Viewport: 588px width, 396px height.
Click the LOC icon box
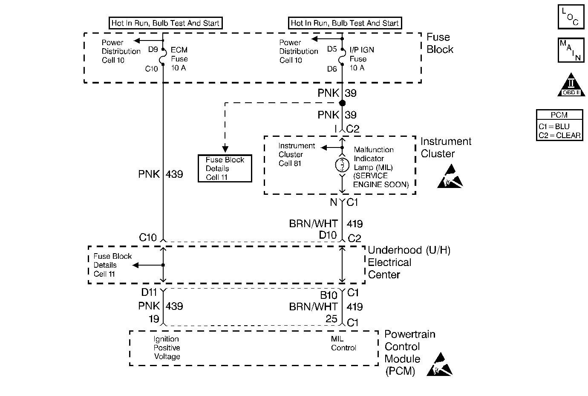coord(571,17)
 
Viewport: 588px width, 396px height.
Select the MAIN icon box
coord(571,50)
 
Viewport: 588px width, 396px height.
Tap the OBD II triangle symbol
coord(571,85)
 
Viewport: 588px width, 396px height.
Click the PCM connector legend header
coord(559,115)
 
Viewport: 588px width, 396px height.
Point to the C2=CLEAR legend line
coord(559,135)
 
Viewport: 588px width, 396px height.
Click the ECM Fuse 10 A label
coord(179,59)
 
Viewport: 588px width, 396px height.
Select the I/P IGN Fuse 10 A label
coord(361,59)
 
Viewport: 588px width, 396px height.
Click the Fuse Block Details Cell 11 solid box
coord(225,168)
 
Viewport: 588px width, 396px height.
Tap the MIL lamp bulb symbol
coord(342,165)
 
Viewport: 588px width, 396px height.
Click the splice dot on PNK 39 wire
coord(342,103)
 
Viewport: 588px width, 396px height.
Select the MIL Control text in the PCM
coord(343,344)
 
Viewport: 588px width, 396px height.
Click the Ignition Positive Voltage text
coord(167,348)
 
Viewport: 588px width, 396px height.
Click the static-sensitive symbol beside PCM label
coord(439,365)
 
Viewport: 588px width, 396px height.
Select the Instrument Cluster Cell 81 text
coord(297,154)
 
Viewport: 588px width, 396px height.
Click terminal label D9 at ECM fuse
coord(153,49)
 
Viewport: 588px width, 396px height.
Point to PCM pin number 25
coord(331,319)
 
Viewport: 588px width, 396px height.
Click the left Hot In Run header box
coord(165,23)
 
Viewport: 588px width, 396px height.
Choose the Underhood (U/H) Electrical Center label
coord(408,262)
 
